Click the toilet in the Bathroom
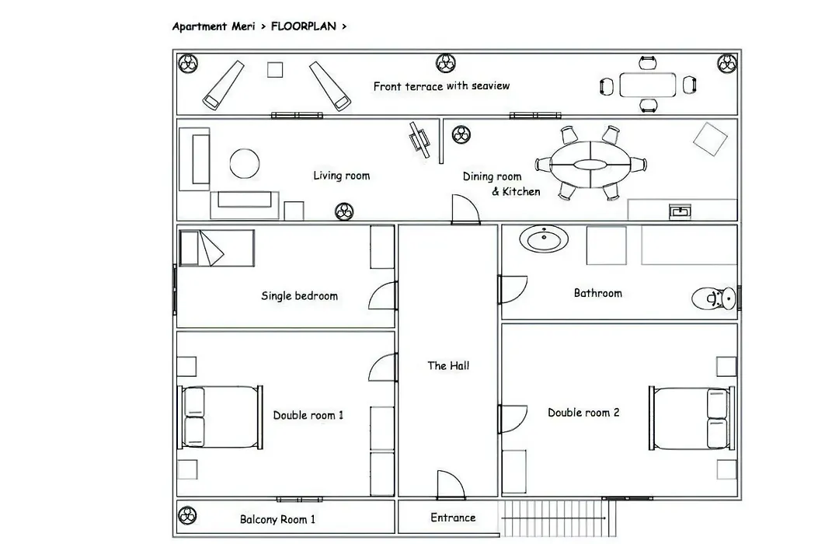coord(714,298)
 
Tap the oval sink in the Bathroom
coord(544,239)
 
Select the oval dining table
coord(590,165)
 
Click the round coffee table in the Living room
coord(245,163)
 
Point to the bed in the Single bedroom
coord(217,248)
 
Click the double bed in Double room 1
coord(220,417)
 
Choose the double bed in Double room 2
coord(692,418)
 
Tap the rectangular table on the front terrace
coord(647,85)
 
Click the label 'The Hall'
coord(448,366)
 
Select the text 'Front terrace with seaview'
coord(441,85)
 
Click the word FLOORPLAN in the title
coord(304,26)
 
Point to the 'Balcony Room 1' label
coord(277,519)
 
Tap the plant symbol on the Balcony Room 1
coord(186,515)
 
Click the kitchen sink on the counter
coord(680,211)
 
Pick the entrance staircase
coord(557,518)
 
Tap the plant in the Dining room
coord(461,134)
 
